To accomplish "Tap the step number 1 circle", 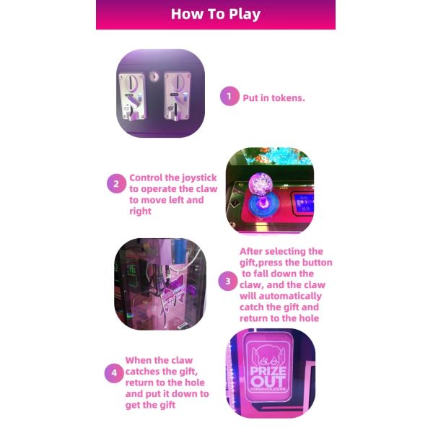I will click(229, 97).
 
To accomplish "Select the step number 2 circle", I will click(116, 184).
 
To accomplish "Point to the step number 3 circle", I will click(228, 281).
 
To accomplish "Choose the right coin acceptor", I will click(176, 95).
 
